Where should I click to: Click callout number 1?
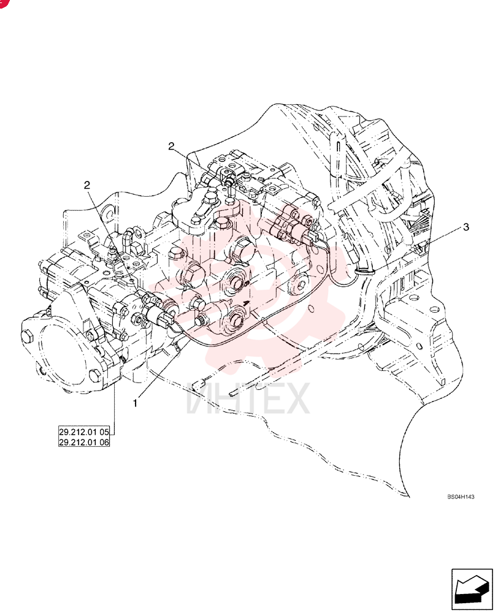pos(136,403)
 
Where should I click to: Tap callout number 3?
pos(466,227)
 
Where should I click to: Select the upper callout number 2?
pos(171,147)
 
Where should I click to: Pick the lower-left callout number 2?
pos(87,185)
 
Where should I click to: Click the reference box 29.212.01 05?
pos(84,432)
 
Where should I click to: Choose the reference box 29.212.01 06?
pos(84,442)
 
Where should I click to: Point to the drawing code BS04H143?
pos(461,497)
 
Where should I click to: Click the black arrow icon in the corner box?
pos(472,588)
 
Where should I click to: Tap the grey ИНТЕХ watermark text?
pos(248,398)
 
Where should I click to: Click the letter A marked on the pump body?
pos(246,303)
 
